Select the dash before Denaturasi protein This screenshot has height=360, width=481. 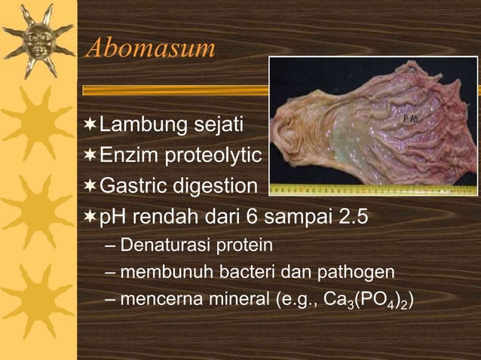pyautogui.click(x=111, y=246)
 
